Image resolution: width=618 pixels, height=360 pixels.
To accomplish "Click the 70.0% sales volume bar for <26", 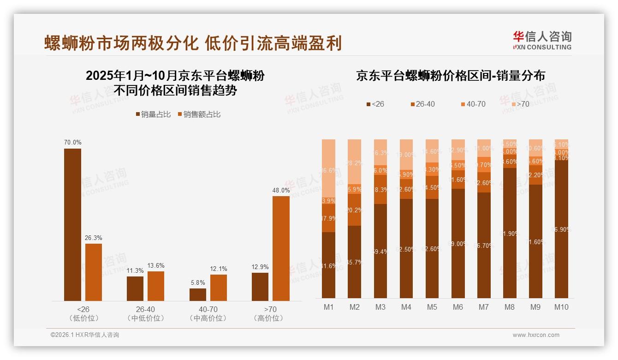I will click(72, 225).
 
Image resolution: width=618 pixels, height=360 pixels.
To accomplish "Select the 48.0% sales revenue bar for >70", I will click(281, 248).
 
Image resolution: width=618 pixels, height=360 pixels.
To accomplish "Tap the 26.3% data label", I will click(93, 238).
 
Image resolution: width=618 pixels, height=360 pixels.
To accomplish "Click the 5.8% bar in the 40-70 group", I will click(198, 294).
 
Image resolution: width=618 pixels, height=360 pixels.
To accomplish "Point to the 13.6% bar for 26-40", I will click(156, 286).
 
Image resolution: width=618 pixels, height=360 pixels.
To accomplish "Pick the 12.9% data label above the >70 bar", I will click(260, 267).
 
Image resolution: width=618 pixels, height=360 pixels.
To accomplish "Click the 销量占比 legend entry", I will click(153, 114).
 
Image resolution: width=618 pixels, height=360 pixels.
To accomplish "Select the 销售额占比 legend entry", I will click(199, 114).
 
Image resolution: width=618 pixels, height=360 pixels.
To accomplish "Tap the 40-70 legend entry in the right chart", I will click(473, 104).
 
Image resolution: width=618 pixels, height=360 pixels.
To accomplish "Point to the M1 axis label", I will click(329, 307).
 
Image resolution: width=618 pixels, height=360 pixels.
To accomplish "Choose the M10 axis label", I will click(561, 307).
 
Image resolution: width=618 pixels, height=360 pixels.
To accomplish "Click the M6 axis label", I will click(458, 307).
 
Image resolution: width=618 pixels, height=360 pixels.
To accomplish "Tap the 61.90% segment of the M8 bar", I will click(510, 233).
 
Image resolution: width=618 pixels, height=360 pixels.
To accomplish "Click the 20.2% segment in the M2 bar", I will click(355, 210).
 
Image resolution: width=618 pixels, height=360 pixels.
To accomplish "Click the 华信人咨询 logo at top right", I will click(542, 40).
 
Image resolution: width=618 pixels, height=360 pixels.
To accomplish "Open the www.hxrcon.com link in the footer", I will click(536, 335).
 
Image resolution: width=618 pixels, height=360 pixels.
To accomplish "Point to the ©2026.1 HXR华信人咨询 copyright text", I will click(85, 335).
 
